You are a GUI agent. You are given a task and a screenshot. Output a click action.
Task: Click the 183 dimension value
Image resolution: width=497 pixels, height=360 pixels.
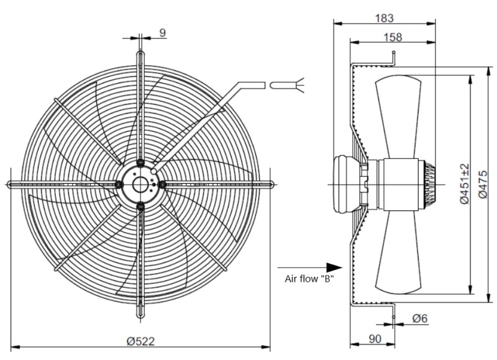(385, 18)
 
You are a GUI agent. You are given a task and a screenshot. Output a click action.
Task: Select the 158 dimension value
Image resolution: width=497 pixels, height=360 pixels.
(393, 37)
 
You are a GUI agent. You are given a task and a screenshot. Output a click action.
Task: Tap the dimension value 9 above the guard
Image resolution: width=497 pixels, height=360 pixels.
(162, 33)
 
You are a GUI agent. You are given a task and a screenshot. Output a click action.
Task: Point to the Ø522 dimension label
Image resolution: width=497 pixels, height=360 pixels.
(141, 341)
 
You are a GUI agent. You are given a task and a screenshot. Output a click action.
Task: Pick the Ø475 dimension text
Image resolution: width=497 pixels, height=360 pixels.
(483, 184)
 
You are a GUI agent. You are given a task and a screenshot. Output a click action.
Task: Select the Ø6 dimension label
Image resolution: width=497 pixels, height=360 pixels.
(420, 318)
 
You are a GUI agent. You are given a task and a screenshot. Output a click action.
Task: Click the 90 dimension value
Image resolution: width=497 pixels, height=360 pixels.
(375, 339)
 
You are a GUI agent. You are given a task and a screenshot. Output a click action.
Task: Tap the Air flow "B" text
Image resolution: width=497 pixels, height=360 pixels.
(309, 279)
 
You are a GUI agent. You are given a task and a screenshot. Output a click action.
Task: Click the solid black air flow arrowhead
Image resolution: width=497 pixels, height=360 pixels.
(334, 268)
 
